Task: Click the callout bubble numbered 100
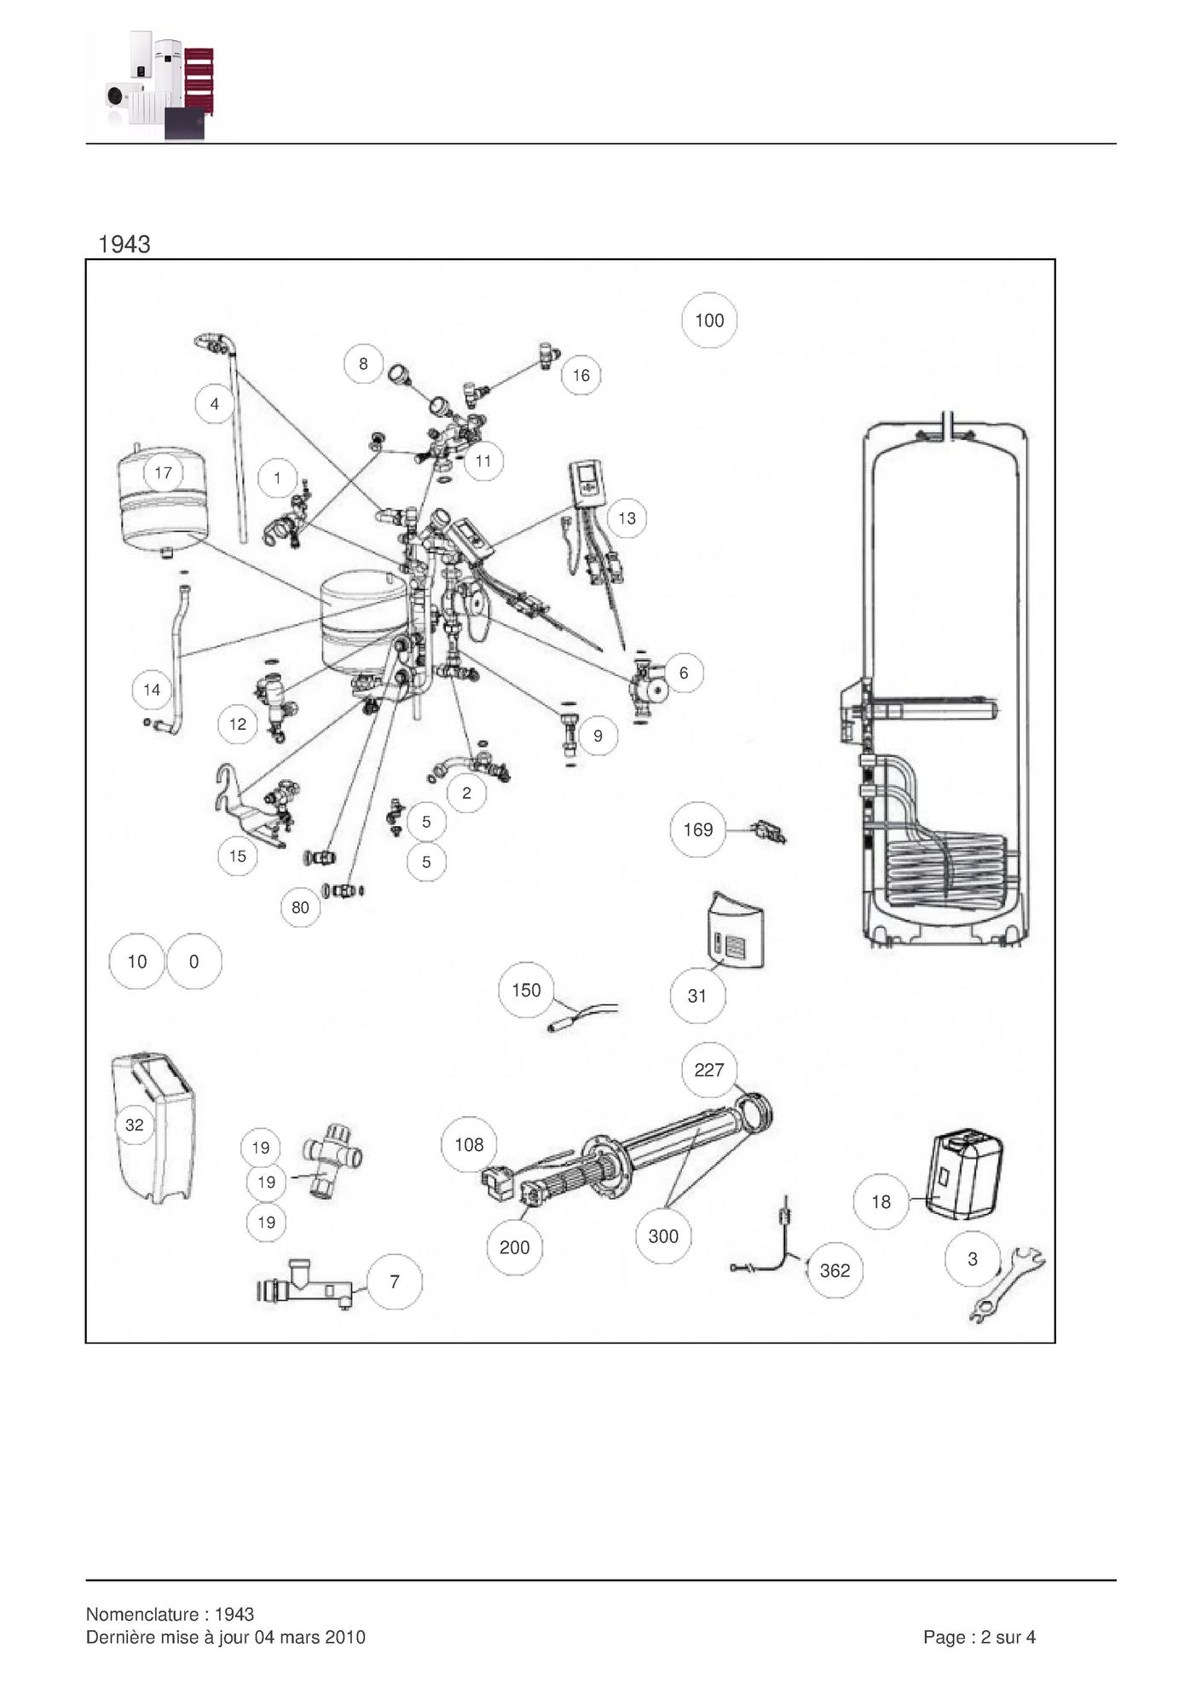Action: click(709, 321)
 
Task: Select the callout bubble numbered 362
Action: click(835, 1270)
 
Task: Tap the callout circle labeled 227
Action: click(708, 1070)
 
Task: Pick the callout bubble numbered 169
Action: click(697, 830)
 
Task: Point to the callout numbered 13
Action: click(627, 518)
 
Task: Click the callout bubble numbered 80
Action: click(300, 907)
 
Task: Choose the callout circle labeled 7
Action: click(394, 1281)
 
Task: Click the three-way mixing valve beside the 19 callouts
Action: click(331, 1159)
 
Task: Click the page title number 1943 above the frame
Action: click(124, 245)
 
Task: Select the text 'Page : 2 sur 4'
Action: click(979, 1637)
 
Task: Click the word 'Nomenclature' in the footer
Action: click(141, 1614)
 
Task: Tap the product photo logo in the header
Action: click(159, 85)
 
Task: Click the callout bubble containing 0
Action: click(194, 962)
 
